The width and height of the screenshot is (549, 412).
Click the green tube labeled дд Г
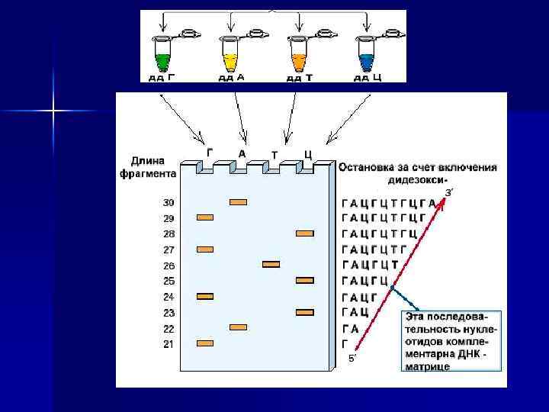click(162, 57)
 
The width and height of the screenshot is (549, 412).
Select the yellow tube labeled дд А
click(230, 57)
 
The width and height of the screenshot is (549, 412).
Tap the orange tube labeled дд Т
click(297, 57)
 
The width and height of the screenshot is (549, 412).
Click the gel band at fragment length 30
click(239, 202)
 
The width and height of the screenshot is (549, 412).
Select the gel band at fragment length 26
click(271, 264)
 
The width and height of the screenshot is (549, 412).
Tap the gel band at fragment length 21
click(206, 343)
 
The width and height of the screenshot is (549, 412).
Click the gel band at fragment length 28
click(304, 233)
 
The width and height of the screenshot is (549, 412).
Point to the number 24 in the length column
click(169, 297)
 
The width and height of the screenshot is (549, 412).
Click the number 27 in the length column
click(169, 249)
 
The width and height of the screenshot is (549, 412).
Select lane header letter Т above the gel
click(274, 155)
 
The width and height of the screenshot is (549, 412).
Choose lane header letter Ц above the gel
click(307, 154)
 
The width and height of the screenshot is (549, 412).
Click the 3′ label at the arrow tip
click(450, 192)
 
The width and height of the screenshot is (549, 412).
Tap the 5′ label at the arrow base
click(352, 357)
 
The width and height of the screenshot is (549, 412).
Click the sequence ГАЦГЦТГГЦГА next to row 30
click(389, 203)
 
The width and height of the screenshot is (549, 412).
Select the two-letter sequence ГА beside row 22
click(351, 328)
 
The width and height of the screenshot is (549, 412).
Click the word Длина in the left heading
click(146, 160)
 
